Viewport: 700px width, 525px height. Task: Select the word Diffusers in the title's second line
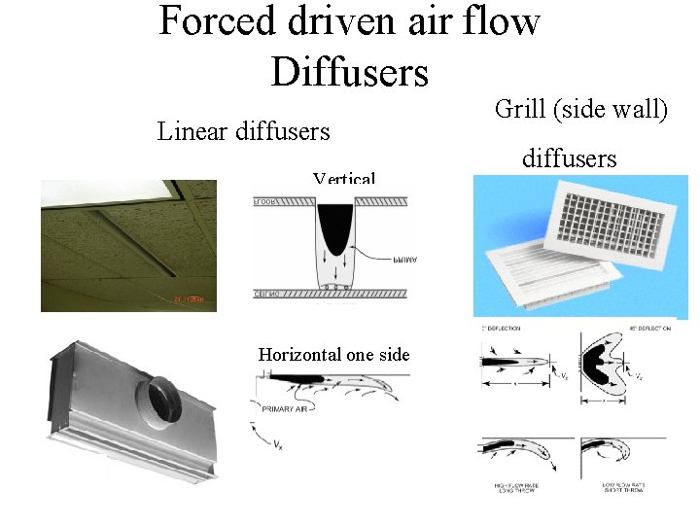pyautogui.click(x=350, y=71)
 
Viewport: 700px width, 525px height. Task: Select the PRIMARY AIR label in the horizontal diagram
pyautogui.click(x=283, y=410)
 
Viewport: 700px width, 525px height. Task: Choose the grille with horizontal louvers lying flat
pyautogui.click(x=535, y=271)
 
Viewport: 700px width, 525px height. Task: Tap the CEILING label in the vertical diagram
pyautogui.click(x=266, y=293)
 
